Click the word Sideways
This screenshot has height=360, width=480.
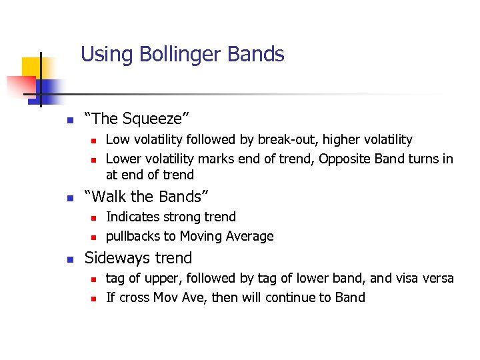(x=118, y=258)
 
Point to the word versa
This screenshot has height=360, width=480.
(x=437, y=277)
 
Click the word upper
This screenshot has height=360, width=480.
(x=169, y=279)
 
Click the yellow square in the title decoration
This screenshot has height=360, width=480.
(x=31, y=67)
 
